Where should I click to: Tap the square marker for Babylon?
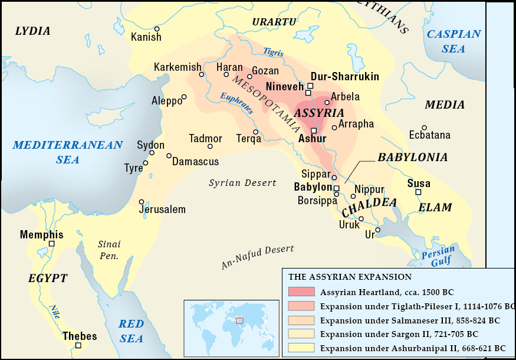click(337, 188)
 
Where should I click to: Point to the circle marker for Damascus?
click(169, 156)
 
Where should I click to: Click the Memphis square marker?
click(51, 244)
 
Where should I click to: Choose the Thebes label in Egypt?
click(80, 336)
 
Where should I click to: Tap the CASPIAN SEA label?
click(453, 41)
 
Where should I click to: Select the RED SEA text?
click(131, 330)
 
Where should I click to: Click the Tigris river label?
click(274, 53)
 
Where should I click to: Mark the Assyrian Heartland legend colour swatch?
click(301, 292)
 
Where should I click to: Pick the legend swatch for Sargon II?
click(301, 334)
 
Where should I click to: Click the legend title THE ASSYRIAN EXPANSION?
click(350, 276)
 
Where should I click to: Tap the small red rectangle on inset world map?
click(239, 320)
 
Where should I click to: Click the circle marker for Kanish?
click(157, 29)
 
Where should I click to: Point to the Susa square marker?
click(418, 192)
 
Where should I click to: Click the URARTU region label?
click(274, 22)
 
